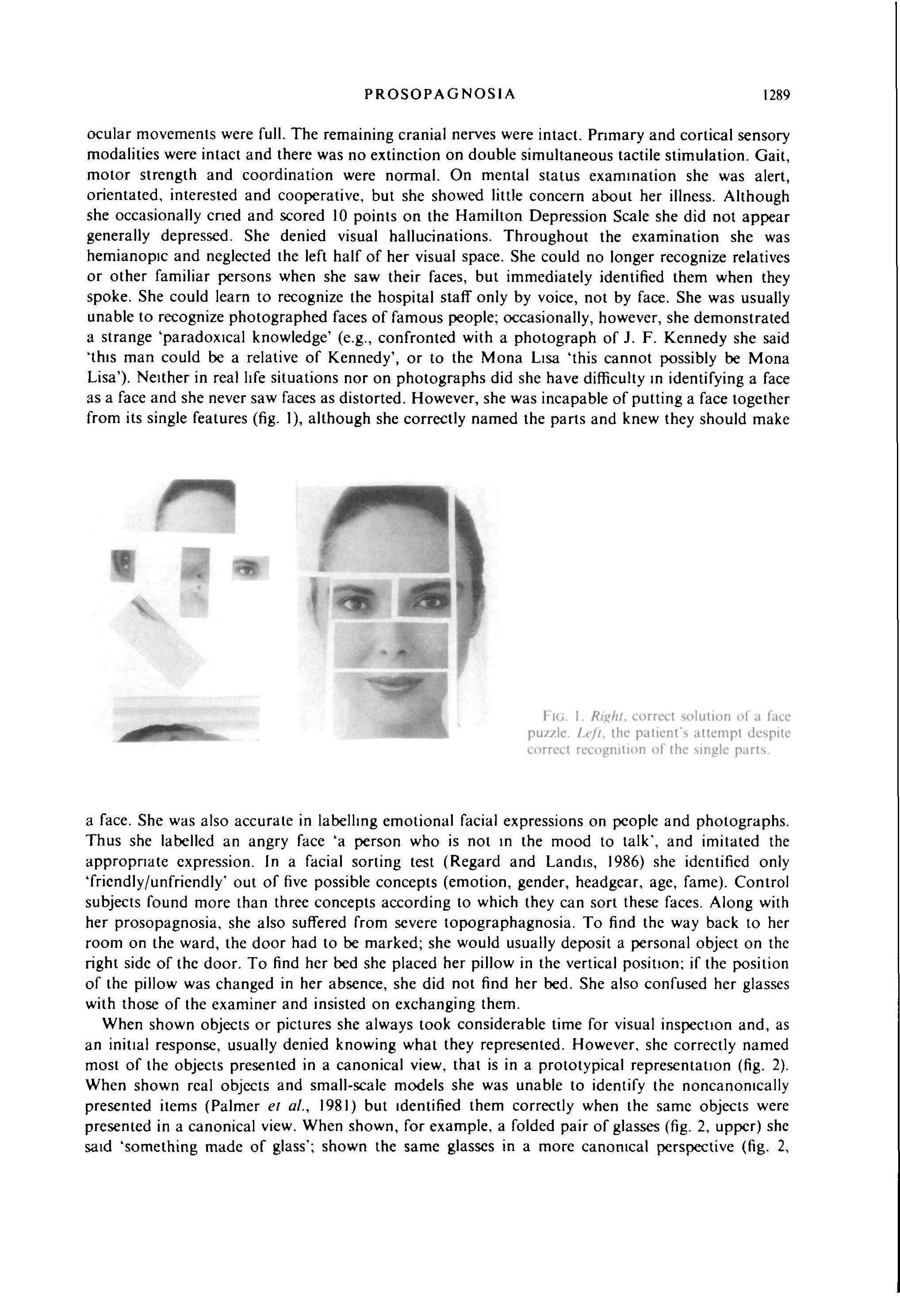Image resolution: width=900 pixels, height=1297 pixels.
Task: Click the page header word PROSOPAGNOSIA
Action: tap(440, 94)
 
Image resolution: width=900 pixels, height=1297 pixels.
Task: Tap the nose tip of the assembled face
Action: tap(389, 650)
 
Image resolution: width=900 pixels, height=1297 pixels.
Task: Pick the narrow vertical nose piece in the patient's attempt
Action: tap(195, 581)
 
